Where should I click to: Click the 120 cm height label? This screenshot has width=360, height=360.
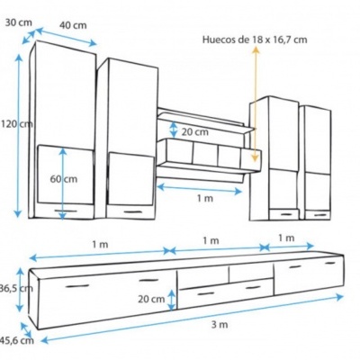[16, 123]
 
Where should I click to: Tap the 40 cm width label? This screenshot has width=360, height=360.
[74, 26]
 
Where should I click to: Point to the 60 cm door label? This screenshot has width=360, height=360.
[63, 179]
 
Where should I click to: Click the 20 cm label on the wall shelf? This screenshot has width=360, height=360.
[193, 131]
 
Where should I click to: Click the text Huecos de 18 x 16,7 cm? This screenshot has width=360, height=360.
[254, 39]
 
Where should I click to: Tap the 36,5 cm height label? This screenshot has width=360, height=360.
[14, 288]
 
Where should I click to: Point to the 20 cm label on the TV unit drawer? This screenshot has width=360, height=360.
[151, 299]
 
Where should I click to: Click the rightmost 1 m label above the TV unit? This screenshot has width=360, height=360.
[285, 238]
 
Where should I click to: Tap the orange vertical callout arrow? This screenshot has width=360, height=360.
[255, 103]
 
